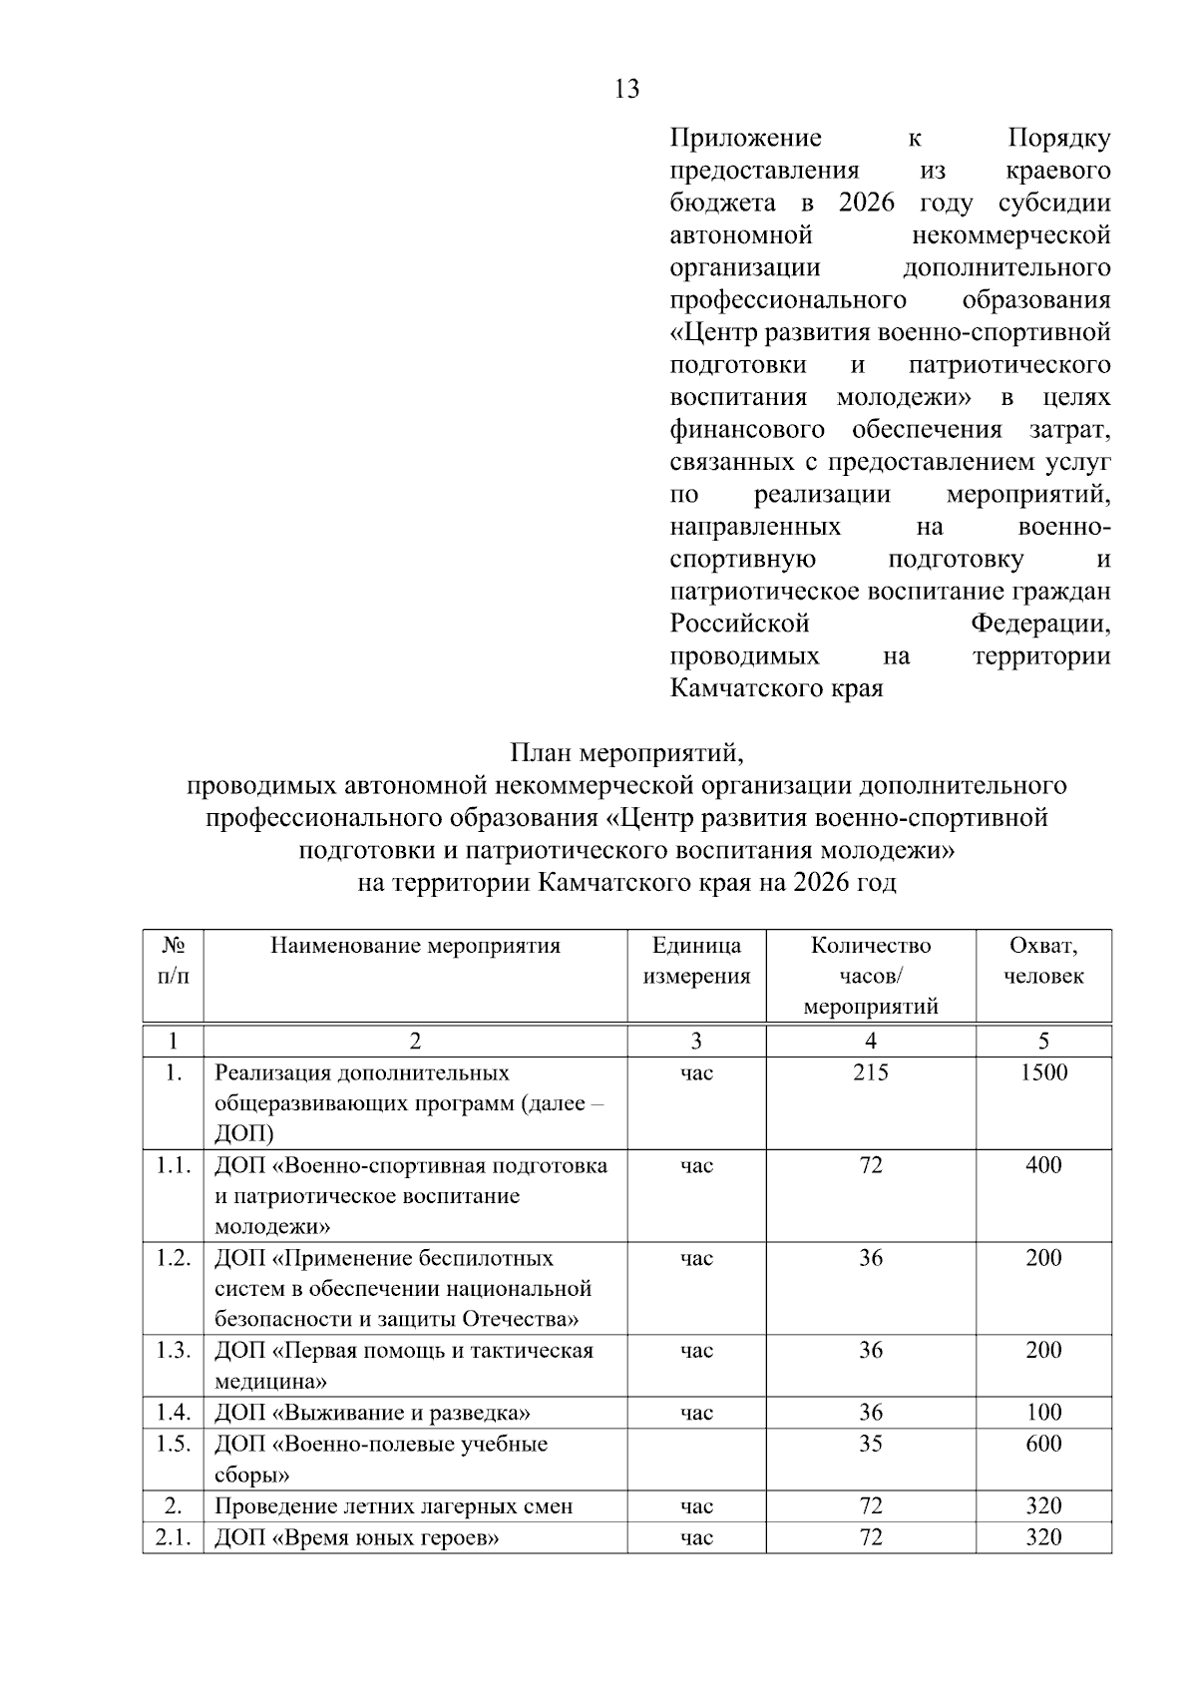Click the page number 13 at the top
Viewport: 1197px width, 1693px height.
[627, 90]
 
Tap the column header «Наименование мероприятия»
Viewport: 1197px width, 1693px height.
[415, 946]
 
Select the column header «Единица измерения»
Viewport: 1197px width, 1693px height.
[696, 961]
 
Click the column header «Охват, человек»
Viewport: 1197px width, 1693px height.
[1043, 961]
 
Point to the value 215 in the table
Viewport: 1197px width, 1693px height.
[871, 1072]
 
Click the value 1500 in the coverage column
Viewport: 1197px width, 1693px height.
[1043, 1072]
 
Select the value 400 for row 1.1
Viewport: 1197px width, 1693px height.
[1043, 1165]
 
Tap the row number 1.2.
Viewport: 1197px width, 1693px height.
[173, 1257]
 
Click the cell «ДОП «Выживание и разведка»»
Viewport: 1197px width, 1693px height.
[372, 1413]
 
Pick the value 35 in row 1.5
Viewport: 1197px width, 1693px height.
[871, 1444]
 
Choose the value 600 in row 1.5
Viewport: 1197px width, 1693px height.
[1043, 1444]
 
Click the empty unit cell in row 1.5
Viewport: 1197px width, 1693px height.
[696, 1459]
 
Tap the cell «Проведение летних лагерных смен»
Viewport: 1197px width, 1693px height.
[393, 1506]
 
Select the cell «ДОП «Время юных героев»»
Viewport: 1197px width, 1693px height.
[356, 1537]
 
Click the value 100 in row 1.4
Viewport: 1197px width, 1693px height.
[1043, 1413]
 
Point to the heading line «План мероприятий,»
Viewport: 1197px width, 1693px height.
[627, 752]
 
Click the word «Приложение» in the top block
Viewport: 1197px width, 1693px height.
[746, 138]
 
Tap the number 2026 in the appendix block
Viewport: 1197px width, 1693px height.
[867, 203]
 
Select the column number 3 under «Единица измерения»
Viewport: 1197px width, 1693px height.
[696, 1042]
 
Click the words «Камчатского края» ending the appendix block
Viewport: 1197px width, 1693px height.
[776, 688]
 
